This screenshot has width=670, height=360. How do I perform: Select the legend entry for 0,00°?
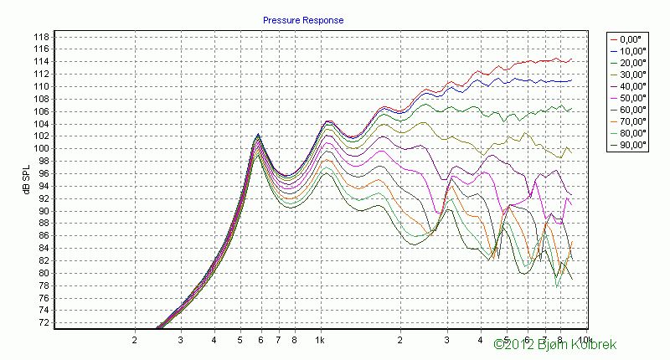pos(630,39)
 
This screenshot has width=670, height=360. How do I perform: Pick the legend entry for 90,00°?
pos(630,144)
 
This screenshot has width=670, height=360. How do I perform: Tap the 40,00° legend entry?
pos(630,85)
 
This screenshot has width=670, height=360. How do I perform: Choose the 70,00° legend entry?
pos(630,121)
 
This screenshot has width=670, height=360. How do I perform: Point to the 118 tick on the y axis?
pos(40,37)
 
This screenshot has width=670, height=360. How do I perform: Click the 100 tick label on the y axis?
pos(40,149)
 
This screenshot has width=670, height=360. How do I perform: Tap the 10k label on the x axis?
pos(583,341)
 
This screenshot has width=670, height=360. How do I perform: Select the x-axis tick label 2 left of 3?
pos(134,341)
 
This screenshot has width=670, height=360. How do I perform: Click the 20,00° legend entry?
pos(630,63)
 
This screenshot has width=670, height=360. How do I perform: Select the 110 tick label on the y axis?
pos(40,86)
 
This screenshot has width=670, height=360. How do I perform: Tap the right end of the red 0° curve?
pos(572,60)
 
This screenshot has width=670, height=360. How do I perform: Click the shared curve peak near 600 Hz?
pos(258,136)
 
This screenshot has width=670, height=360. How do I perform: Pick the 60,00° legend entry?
pos(630,109)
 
